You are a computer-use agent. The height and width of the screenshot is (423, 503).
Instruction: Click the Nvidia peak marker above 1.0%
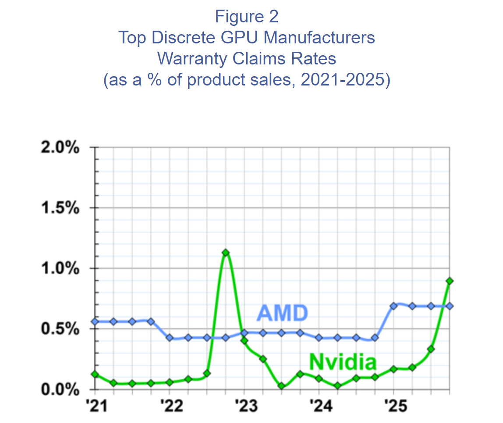pyautogui.click(x=225, y=252)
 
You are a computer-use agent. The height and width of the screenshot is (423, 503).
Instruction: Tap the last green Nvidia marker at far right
pyautogui.click(x=449, y=281)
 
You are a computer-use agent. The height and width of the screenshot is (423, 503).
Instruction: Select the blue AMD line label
pyautogui.click(x=282, y=313)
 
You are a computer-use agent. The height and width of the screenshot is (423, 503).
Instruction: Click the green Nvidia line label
pyautogui.click(x=343, y=363)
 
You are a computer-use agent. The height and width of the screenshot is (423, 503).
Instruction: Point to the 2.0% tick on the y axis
pyautogui.click(x=60, y=148)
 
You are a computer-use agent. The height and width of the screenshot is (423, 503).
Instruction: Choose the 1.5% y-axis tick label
pyautogui.click(x=60, y=208)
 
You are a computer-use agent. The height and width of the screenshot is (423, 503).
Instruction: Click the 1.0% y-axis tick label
pyautogui.click(x=60, y=268)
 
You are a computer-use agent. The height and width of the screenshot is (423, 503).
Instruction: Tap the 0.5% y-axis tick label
pyautogui.click(x=60, y=329)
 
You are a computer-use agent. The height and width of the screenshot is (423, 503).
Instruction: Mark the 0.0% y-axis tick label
pyautogui.click(x=60, y=389)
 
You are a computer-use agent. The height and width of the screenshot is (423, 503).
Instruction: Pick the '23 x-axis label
pyautogui.click(x=244, y=406)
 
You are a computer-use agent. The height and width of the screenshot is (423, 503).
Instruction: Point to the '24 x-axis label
pyautogui.click(x=319, y=406)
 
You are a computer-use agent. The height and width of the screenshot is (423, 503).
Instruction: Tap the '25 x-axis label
pyautogui.click(x=393, y=406)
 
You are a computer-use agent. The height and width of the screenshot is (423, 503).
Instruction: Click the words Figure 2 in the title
pyautogui.click(x=247, y=17)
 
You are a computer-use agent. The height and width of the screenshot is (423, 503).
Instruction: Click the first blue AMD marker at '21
pyautogui.click(x=95, y=321)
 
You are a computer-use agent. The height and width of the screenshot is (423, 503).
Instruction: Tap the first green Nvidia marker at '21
pyautogui.click(x=95, y=374)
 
